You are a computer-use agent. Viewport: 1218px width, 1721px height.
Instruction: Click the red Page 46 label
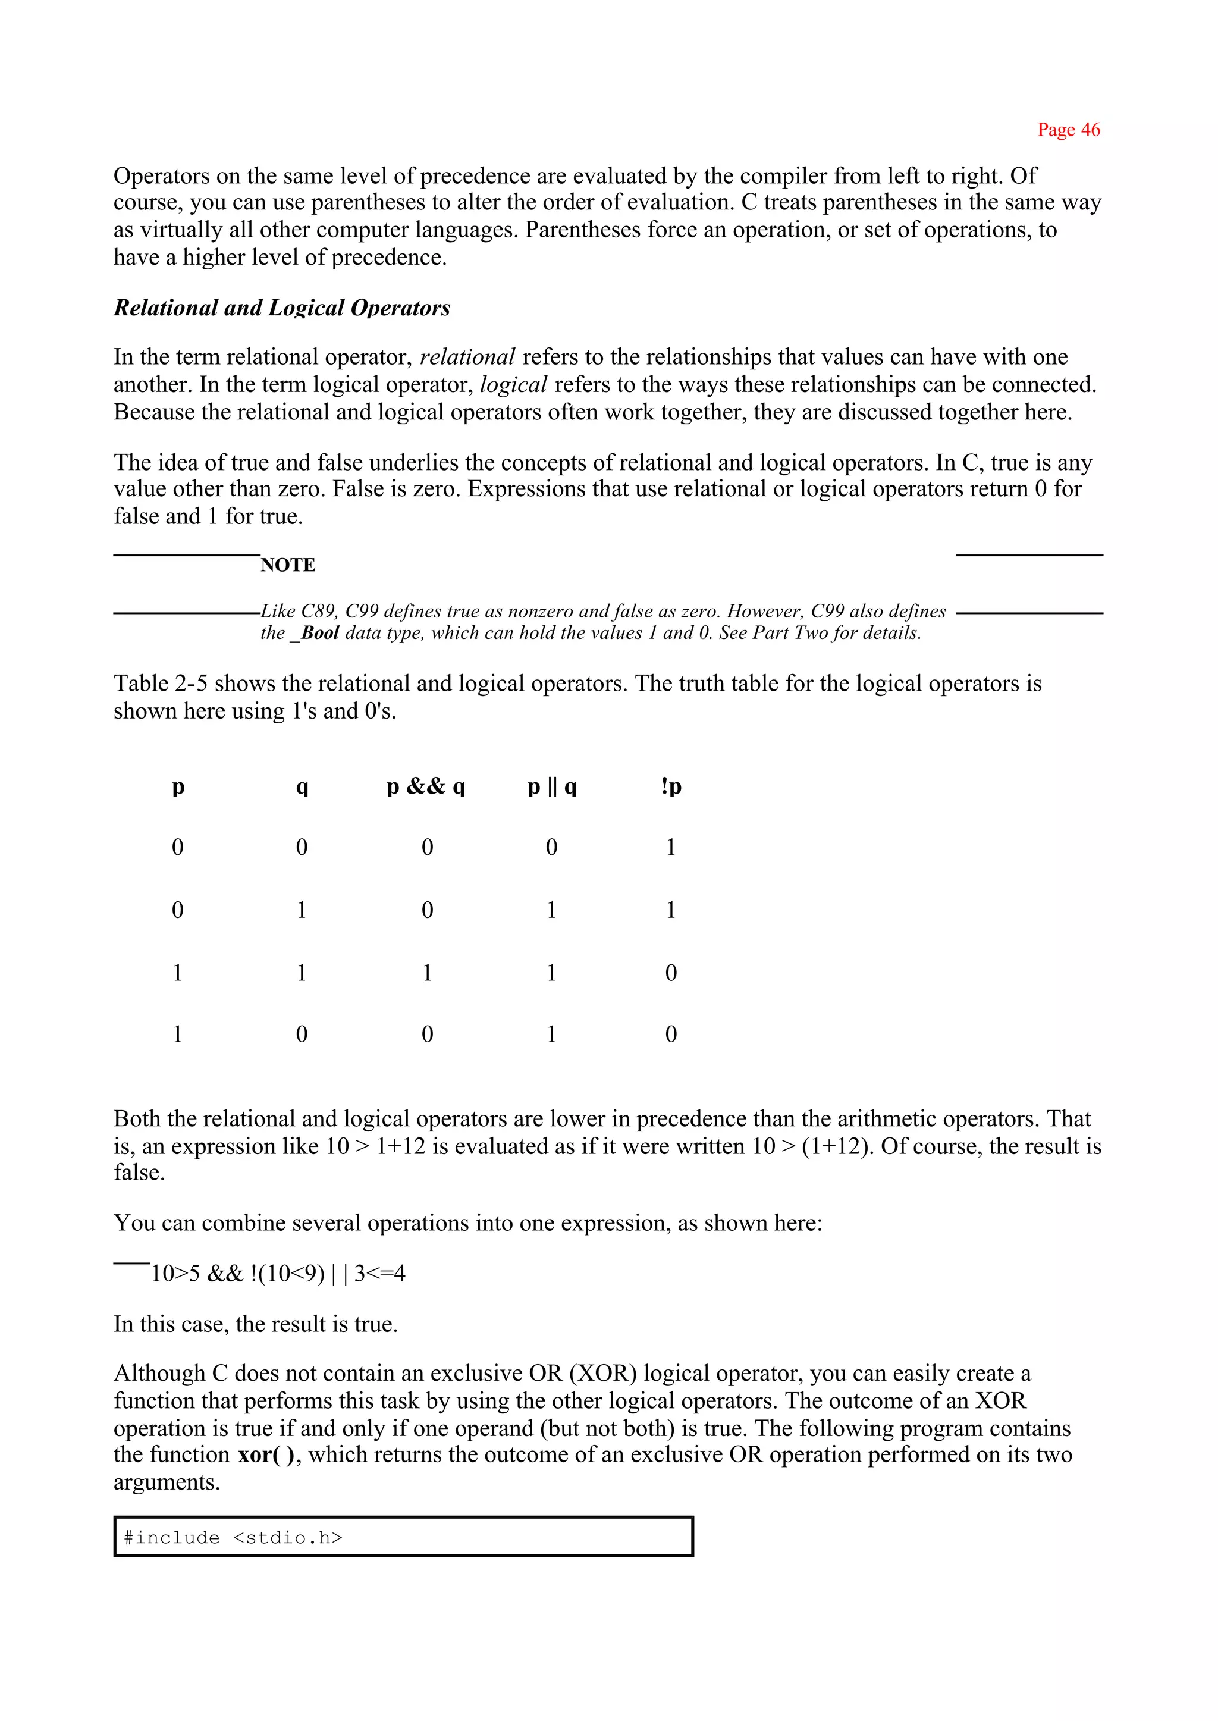(x=1068, y=130)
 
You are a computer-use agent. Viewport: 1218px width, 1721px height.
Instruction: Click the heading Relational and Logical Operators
(x=281, y=308)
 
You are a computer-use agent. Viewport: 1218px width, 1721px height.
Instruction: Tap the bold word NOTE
(x=287, y=565)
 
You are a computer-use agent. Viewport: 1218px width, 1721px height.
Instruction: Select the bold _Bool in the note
(x=315, y=633)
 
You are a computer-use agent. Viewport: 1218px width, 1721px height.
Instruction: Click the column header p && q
(x=426, y=786)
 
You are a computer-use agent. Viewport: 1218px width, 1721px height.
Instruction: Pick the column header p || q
(x=551, y=786)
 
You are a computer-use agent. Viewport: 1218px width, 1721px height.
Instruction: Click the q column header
(x=302, y=786)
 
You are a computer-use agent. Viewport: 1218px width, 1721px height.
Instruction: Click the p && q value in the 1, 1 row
(x=427, y=973)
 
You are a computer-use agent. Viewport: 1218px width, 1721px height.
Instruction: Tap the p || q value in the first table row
(x=551, y=848)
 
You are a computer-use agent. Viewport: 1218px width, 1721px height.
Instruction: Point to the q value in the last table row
(x=302, y=1035)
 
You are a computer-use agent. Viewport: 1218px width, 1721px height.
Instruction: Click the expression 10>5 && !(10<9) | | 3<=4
(x=278, y=1274)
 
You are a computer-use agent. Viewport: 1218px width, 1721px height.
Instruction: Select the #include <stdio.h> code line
(x=233, y=1537)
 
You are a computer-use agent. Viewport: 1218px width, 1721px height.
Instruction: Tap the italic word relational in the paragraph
(x=467, y=357)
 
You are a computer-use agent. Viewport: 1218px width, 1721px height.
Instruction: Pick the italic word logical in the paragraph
(x=513, y=385)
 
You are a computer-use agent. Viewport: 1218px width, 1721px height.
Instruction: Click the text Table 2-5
(x=161, y=684)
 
